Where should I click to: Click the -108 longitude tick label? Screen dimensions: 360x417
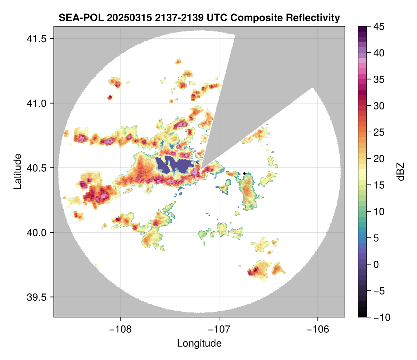(120, 329)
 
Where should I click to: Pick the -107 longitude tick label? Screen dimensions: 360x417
(219, 329)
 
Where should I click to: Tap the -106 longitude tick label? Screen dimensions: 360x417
(318, 329)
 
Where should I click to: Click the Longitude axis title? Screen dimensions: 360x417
(199, 343)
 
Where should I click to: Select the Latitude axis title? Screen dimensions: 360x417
(17, 171)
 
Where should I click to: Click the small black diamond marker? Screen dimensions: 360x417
(244, 173)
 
